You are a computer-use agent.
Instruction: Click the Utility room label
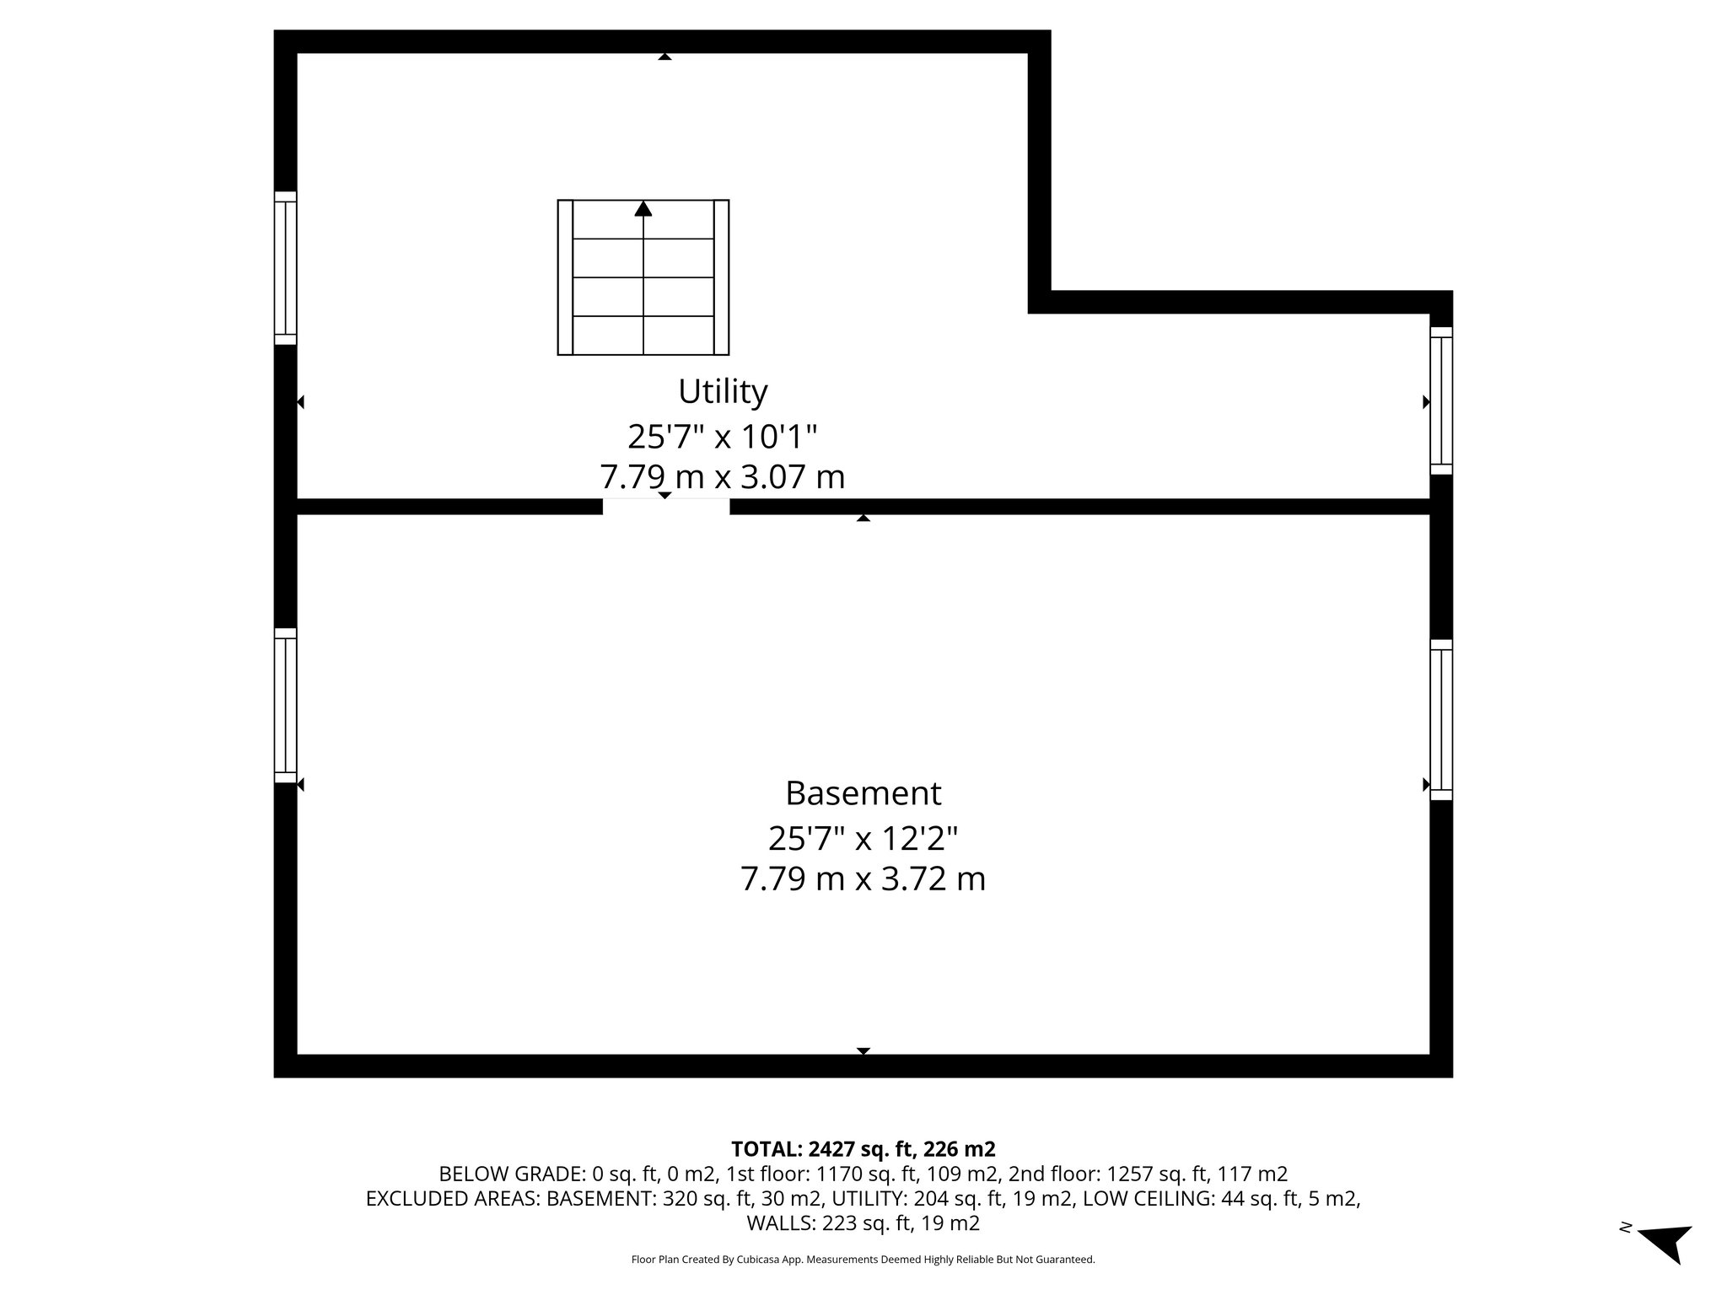(x=723, y=391)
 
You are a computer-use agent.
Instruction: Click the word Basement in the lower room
(x=863, y=793)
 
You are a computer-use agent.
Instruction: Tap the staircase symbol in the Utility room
(x=643, y=277)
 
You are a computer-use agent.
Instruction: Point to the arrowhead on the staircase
(x=643, y=208)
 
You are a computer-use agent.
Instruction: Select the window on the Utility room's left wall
(x=286, y=268)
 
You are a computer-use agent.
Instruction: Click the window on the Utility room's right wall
(x=1441, y=400)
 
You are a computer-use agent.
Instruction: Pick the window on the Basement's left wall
(x=286, y=706)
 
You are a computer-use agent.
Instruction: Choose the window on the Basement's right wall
(x=1441, y=719)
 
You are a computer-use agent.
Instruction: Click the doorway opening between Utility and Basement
(x=665, y=506)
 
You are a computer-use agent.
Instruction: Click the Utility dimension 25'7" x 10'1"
(x=723, y=437)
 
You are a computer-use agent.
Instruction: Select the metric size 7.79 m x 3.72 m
(x=863, y=879)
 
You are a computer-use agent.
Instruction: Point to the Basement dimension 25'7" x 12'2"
(x=863, y=839)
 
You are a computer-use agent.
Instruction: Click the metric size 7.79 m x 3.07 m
(x=723, y=477)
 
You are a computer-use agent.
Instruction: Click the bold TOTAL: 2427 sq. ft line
(x=863, y=1149)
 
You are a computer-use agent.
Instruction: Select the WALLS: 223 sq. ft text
(x=863, y=1223)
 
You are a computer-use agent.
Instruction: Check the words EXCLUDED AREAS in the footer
(x=452, y=1199)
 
